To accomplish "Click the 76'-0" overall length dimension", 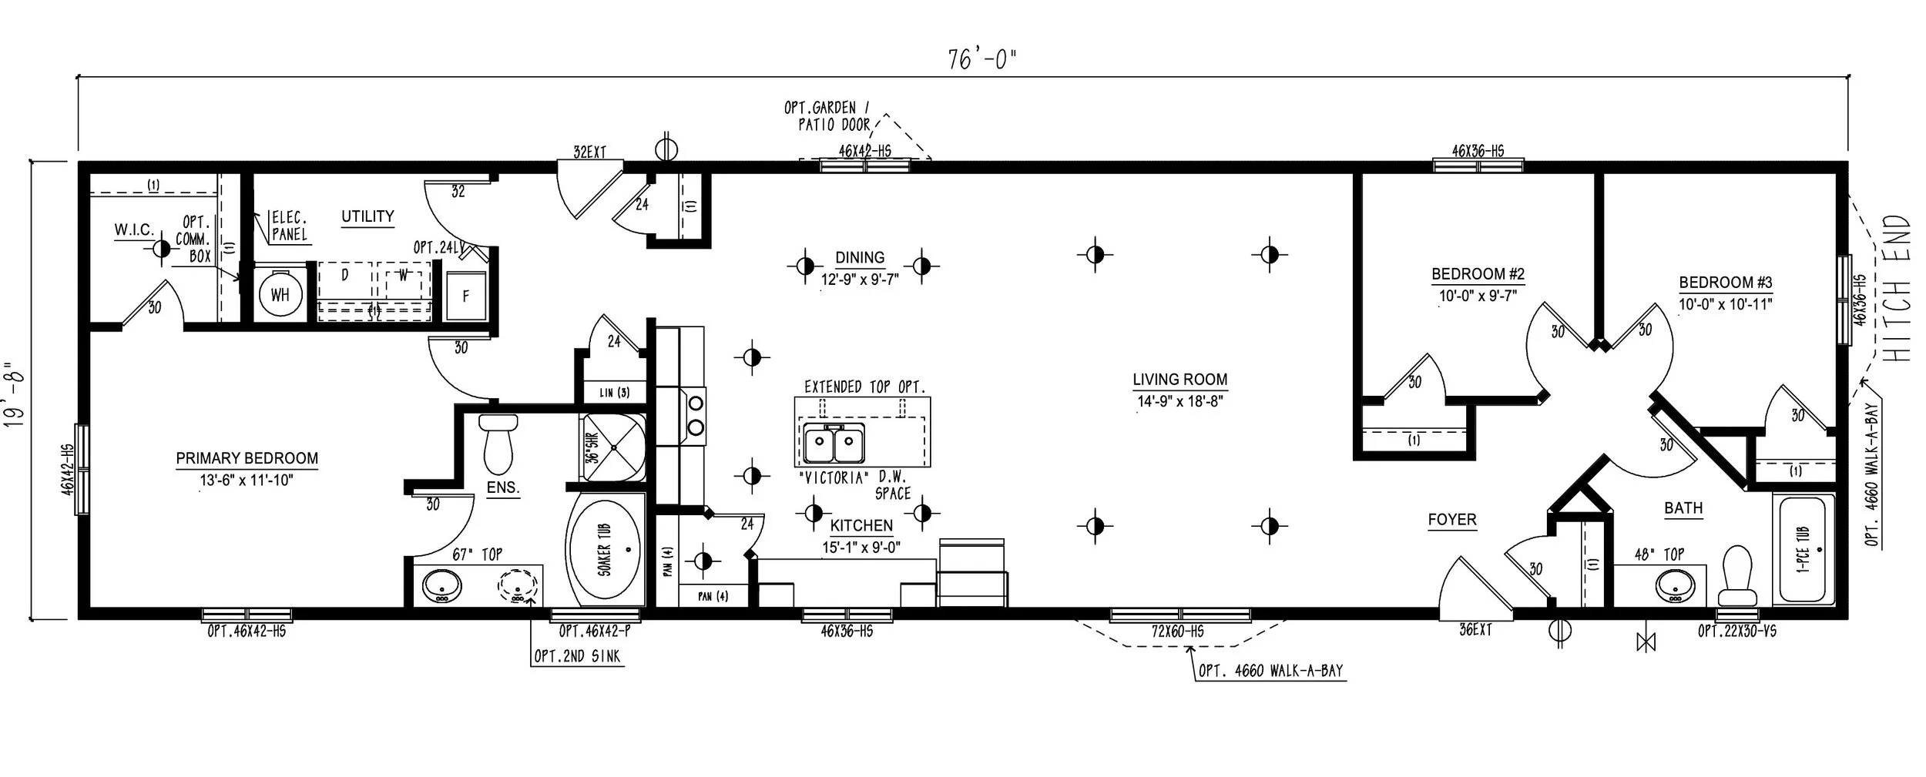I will [x=982, y=59].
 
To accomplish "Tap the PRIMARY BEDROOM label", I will [x=247, y=459].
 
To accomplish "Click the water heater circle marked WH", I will [x=280, y=294].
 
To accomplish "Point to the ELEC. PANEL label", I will [x=289, y=226].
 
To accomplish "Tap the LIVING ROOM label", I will [x=1179, y=380].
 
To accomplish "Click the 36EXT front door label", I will [x=1475, y=630].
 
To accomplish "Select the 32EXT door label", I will [x=589, y=152].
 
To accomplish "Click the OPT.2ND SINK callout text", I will [x=576, y=657].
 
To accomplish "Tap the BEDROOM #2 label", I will [x=1478, y=274].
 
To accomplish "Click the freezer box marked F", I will [x=465, y=296].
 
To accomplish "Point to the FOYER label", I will [x=1451, y=521].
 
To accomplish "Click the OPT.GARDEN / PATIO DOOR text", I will [x=827, y=116].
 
